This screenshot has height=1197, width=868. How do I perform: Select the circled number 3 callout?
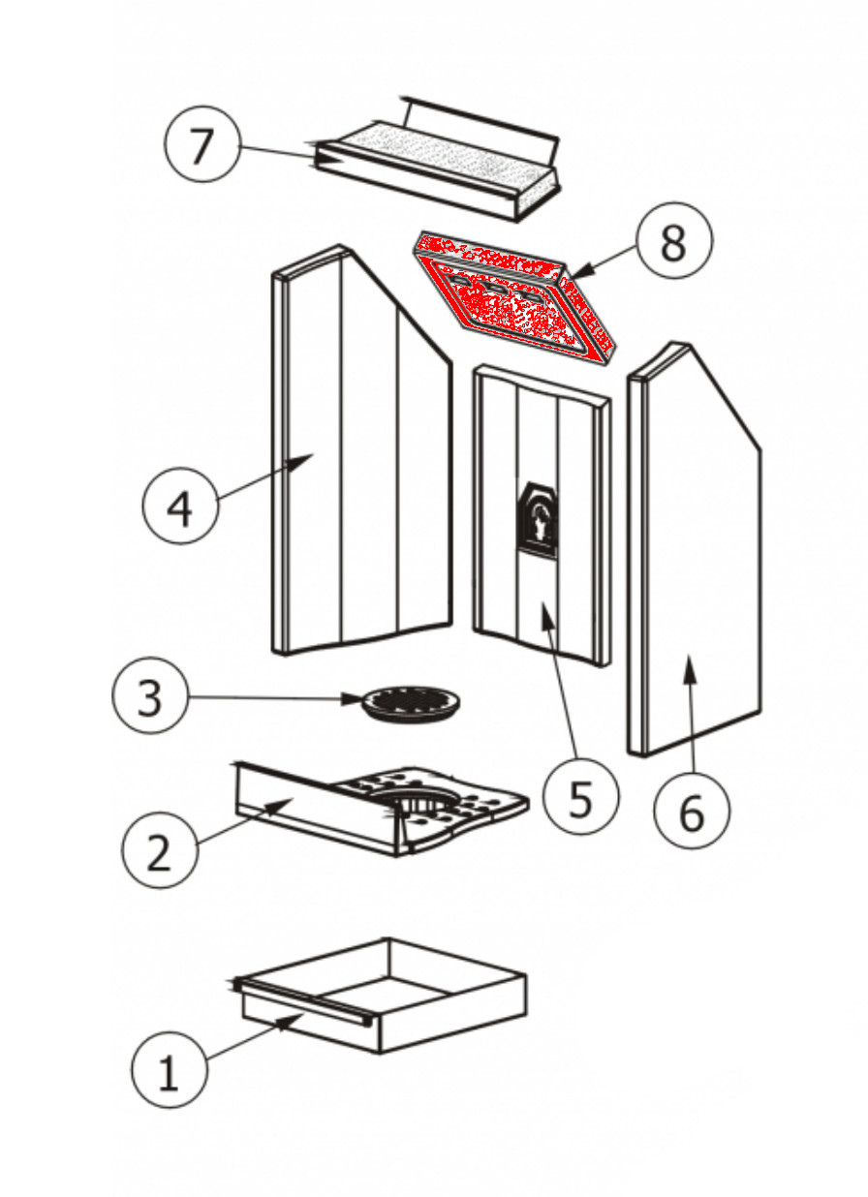149,697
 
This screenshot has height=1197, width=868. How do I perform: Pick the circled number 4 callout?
180,507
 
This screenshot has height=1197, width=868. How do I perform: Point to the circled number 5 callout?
579,797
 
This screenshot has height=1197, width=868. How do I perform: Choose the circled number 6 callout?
692,813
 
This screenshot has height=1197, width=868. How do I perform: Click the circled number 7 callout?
201,147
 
